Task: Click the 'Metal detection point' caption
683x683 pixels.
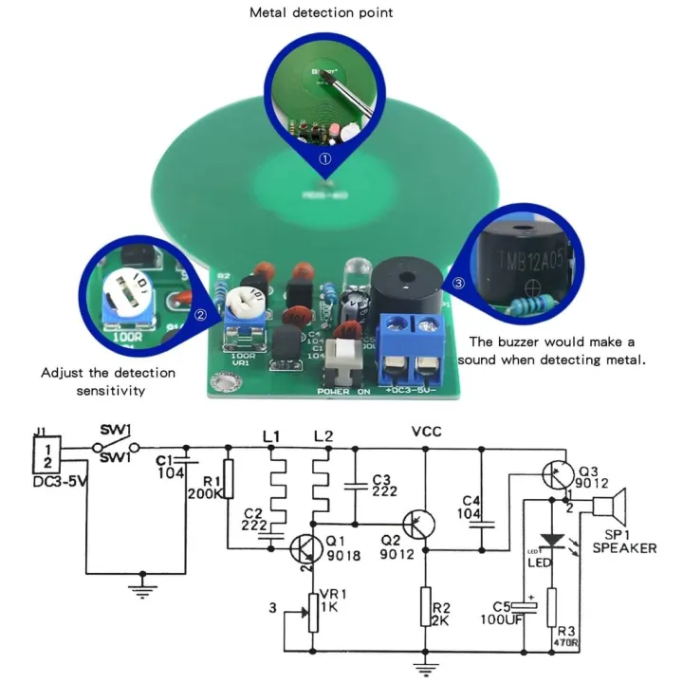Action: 321,13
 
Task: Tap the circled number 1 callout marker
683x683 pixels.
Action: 324,159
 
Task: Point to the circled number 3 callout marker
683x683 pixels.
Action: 460,283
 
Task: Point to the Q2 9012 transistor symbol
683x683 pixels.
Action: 418,525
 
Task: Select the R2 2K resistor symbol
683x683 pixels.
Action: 427,606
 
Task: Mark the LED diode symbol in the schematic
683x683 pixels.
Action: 553,540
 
